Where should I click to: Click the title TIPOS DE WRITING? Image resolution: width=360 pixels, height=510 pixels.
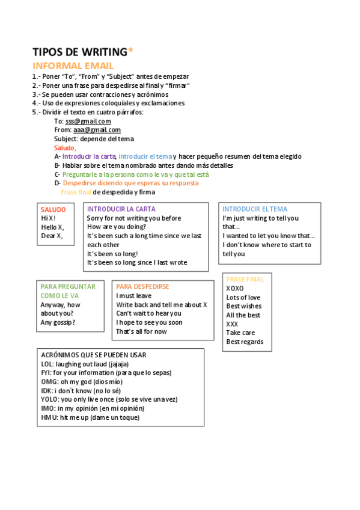click(x=79, y=52)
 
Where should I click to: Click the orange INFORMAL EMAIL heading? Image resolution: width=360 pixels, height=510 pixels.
click(x=73, y=66)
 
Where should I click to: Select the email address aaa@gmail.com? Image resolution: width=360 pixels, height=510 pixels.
click(x=97, y=130)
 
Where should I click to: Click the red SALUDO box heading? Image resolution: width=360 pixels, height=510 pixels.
click(x=53, y=209)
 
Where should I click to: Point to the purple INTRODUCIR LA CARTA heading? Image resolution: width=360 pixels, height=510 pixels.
click(x=121, y=209)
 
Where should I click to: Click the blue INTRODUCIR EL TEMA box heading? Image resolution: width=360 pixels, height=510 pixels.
click(x=255, y=209)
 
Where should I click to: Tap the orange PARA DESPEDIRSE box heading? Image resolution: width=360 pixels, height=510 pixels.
click(x=142, y=287)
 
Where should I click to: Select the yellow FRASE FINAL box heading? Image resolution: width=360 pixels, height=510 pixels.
click(x=245, y=280)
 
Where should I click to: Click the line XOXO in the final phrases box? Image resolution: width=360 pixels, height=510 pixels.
click(x=235, y=289)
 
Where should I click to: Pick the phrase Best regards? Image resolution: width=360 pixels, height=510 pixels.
click(x=245, y=342)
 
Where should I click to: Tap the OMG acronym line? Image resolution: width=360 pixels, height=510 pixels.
click(x=81, y=382)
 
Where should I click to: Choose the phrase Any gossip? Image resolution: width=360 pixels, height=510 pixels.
click(x=58, y=322)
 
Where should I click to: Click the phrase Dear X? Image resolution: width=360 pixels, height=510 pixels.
click(x=52, y=236)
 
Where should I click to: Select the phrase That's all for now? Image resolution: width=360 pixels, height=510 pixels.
click(x=141, y=331)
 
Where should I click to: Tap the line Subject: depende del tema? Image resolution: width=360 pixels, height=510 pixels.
click(x=94, y=139)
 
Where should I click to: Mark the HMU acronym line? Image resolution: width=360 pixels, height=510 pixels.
click(x=90, y=417)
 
